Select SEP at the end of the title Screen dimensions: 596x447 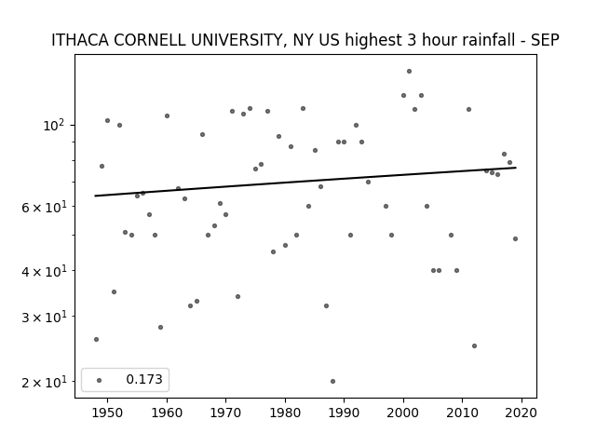coord(545,40)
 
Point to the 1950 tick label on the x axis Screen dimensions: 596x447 coord(107,413)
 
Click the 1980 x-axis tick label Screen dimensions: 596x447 coord(285,413)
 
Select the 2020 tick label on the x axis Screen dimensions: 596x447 coord(521,413)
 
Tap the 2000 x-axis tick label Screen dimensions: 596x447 coord(403,413)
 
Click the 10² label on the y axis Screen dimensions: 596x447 coord(54,125)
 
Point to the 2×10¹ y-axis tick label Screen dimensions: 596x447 coord(44,381)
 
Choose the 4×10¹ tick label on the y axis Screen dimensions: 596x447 coord(44,271)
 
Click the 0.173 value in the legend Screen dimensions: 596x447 coord(144,379)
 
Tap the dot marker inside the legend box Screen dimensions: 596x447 coord(100,380)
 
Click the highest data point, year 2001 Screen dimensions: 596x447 coord(409,71)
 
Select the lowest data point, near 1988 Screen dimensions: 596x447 coord(332,381)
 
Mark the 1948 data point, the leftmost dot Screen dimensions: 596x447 coord(96,339)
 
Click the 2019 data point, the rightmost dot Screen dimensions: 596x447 coord(515,238)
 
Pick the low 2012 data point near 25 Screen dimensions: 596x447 coord(474,345)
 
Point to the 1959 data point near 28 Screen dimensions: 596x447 coord(160,327)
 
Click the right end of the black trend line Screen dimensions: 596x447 coord(516,168)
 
